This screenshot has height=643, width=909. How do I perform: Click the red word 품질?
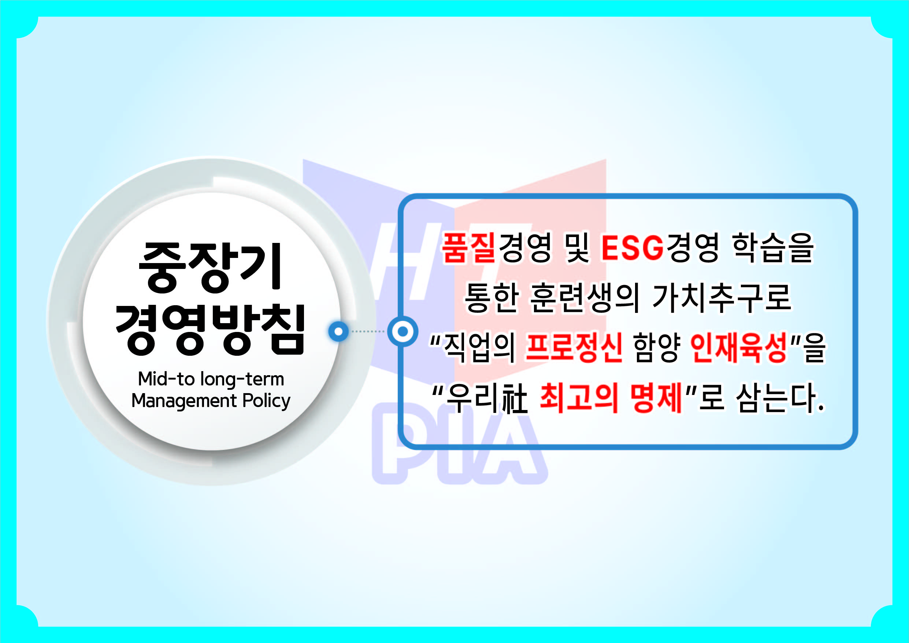point(469,248)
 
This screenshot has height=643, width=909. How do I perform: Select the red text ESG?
point(632,248)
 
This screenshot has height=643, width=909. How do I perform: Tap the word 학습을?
point(773,248)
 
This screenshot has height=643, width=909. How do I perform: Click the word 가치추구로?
point(721,298)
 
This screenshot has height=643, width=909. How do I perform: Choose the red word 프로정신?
point(574,348)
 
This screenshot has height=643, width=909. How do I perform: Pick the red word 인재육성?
point(738,348)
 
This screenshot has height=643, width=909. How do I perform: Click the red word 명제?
point(656,398)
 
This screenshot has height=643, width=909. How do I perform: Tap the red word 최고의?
point(579,398)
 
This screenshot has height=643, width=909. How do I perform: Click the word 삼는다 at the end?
point(775,398)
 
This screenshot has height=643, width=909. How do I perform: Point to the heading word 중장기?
point(210,268)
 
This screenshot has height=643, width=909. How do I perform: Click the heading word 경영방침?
point(210,330)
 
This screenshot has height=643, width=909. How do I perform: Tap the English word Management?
point(184,401)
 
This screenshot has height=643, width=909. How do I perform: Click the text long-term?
point(242,380)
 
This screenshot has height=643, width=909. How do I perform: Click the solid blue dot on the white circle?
point(338,331)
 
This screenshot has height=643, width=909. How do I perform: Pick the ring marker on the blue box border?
point(402,331)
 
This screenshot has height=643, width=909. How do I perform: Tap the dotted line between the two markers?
point(368,331)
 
